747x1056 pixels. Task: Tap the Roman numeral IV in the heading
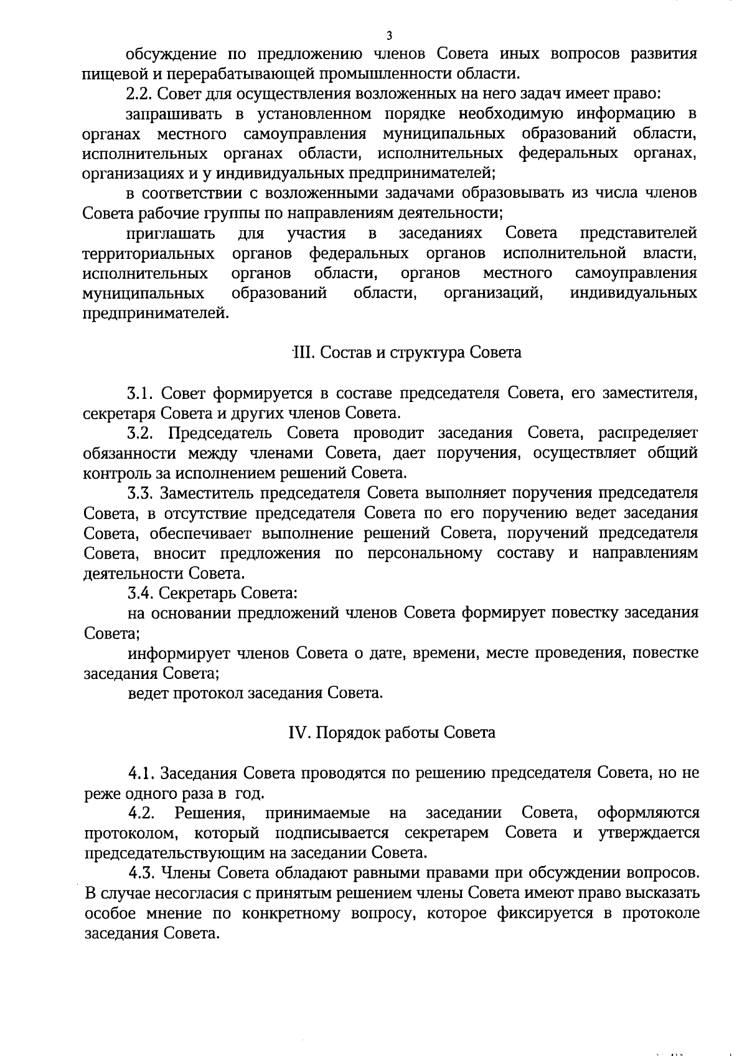click(x=297, y=732)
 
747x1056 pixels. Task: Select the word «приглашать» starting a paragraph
click(x=171, y=234)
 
